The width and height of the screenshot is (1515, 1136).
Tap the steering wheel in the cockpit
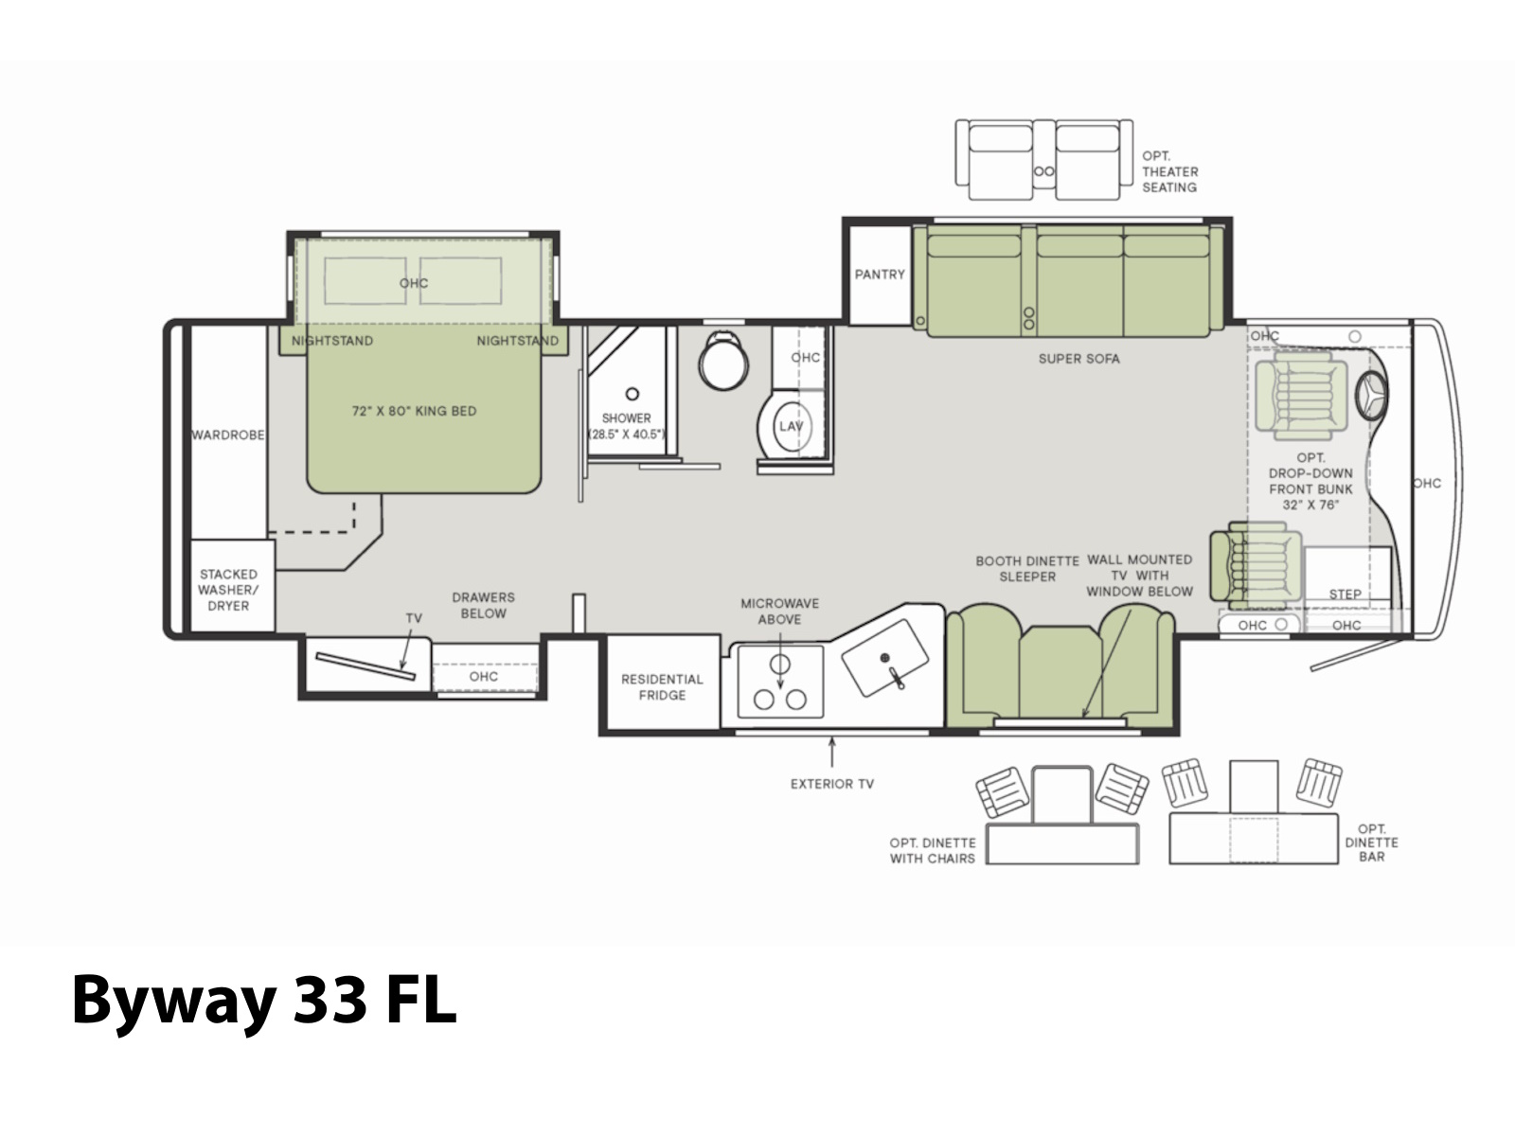click(x=1371, y=396)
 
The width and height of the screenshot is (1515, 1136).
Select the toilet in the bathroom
click(x=723, y=360)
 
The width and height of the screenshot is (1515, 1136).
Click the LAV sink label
click(x=791, y=426)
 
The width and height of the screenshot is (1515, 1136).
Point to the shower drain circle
click(x=632, y=394)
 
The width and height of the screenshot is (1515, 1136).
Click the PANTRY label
click(x=880, y=275)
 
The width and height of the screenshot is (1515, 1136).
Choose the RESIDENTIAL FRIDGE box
click(x=662, y=683)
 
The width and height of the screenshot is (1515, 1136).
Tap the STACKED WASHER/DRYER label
click(x=228, y=590)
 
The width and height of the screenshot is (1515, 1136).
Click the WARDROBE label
click(x=228, y=435)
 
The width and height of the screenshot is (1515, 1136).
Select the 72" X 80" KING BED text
click(x=414, y=411)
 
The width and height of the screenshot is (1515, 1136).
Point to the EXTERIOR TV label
click(x=831, y=784)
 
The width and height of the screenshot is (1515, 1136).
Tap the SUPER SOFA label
click(x=1078, y=359)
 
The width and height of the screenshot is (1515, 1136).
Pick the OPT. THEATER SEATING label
click(x=1170, y=171)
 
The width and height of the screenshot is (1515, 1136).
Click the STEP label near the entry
click(x=1345, y=594)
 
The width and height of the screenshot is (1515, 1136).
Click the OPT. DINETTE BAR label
click(x=1371, y=843)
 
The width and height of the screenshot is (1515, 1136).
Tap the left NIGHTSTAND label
click(x=332, y=341)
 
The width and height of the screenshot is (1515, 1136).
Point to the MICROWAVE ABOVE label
click(x=780, y=612)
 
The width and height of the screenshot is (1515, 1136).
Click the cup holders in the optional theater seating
click(x=1043, y=171)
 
